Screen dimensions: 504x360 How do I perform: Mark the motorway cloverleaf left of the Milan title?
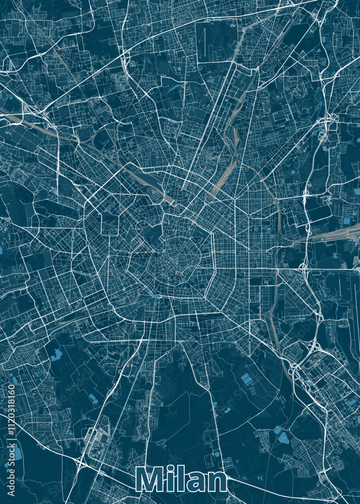tap(81, 461)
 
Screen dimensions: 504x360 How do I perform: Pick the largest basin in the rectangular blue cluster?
tap(246, 377)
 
